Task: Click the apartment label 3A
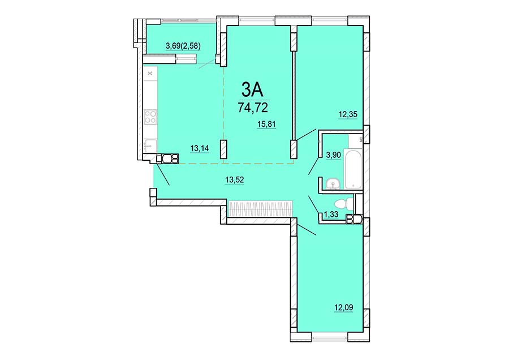tap(252, 89)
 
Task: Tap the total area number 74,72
tap(253, 107)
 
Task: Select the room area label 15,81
tap(266, 124)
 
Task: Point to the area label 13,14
tap(199, 148)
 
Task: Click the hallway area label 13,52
tap(234, 179)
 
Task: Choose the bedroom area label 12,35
tap(348, 114)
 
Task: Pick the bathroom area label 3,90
tap(333, 155)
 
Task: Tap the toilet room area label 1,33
tap(331, 214)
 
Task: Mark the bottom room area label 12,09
tap(344, 307)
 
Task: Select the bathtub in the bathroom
tap(353, 168)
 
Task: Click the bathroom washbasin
tap(333, 184)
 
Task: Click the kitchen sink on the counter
tap(150, 145)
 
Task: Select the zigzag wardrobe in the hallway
tap(261, 209)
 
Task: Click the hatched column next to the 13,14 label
tap(223, 149)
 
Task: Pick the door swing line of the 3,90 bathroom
tap(313, 165)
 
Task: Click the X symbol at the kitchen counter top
tap(150, 74)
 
